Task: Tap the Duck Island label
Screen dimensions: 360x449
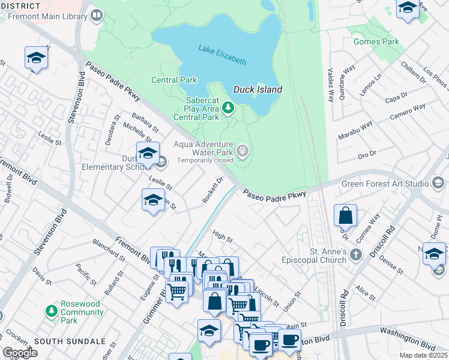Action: pyautogui.click(x=258, y=89)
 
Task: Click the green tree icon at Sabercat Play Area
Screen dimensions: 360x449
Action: pyautogui.click(x=228, y=107)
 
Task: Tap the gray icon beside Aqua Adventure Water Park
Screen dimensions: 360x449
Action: pyautogui.click(x=243, y=151)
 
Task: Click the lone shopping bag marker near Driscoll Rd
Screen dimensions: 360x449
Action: pyautogui.click(x=346, y=215)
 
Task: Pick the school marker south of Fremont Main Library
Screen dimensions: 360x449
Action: pyautogui.click(x=36, y=58)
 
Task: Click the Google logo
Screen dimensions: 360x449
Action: pyautogui.click(x=20, y=353)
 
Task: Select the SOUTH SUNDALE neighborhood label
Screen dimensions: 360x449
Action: pyautogui.click(x=70, y=341)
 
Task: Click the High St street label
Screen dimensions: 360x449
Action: pyautogui.click(x=222, y=238)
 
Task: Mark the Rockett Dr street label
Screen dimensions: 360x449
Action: pyautogui.click(x=212, y=190)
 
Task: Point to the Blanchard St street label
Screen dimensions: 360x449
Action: pyautogui.click(x=108, y=251)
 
